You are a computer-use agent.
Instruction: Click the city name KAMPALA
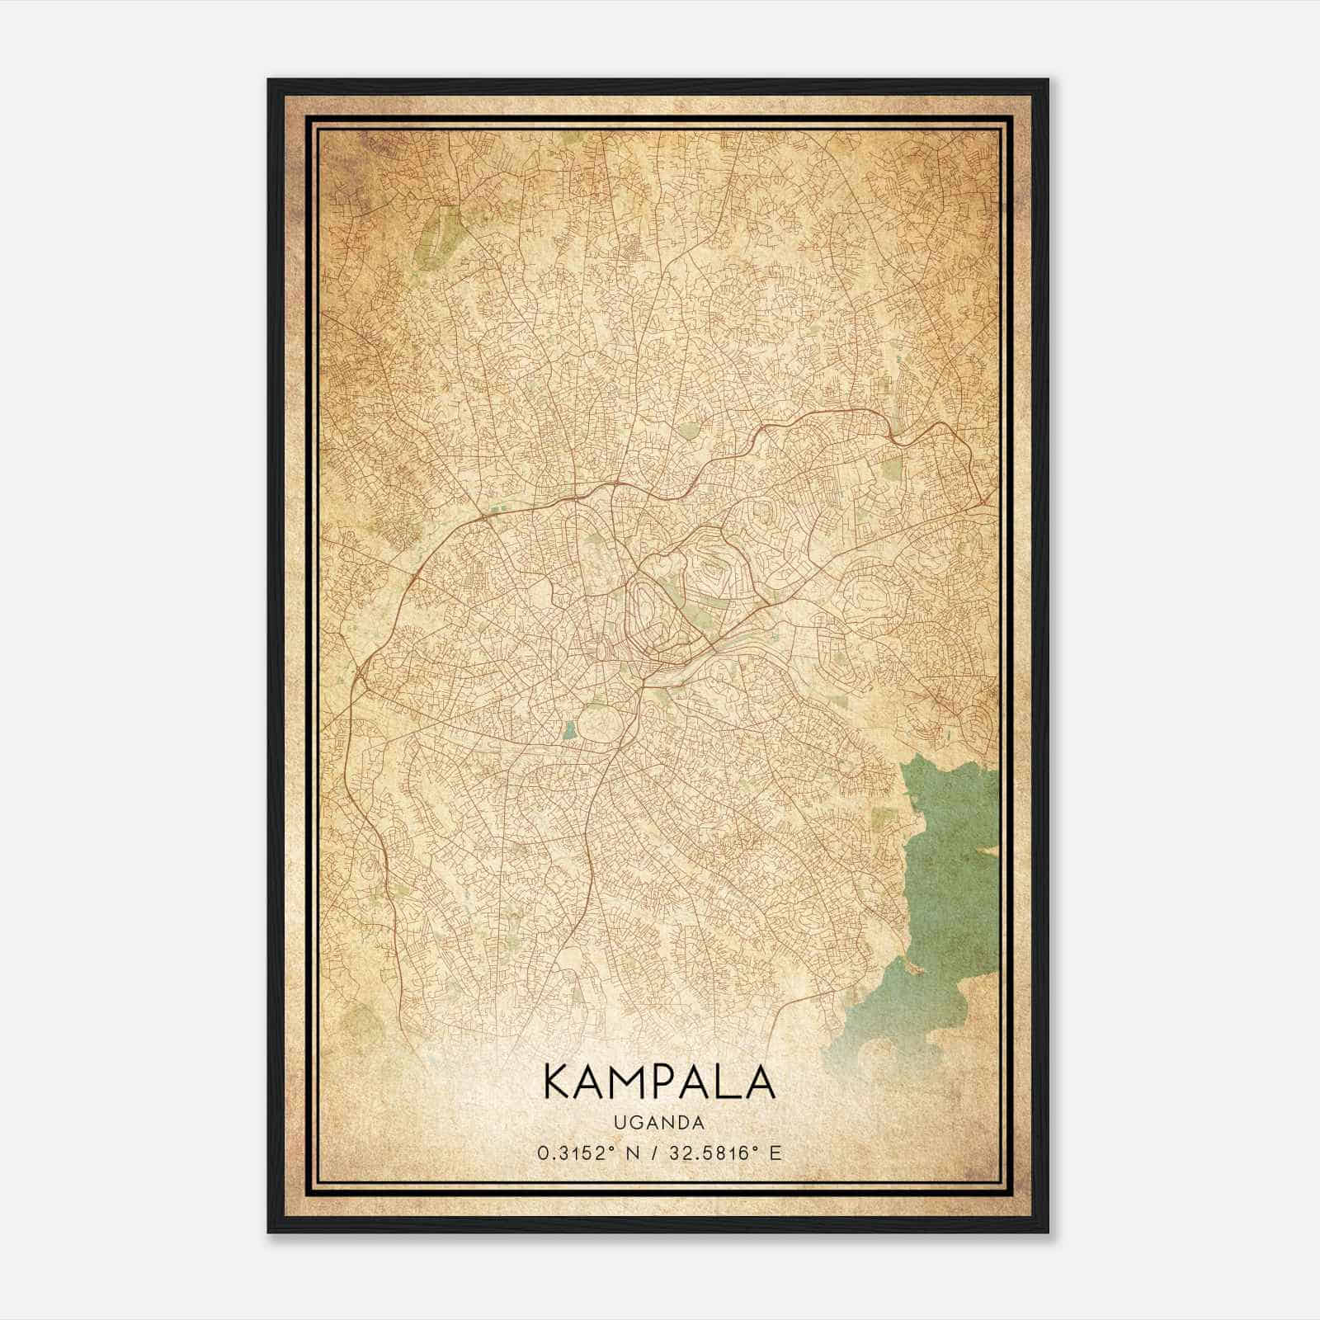point(659,1082)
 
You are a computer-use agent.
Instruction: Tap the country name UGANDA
point(660,1123)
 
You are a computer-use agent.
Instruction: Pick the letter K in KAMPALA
point(557,1082)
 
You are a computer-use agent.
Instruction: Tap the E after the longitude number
point(774,1153)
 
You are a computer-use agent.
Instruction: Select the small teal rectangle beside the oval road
point(569,729)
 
